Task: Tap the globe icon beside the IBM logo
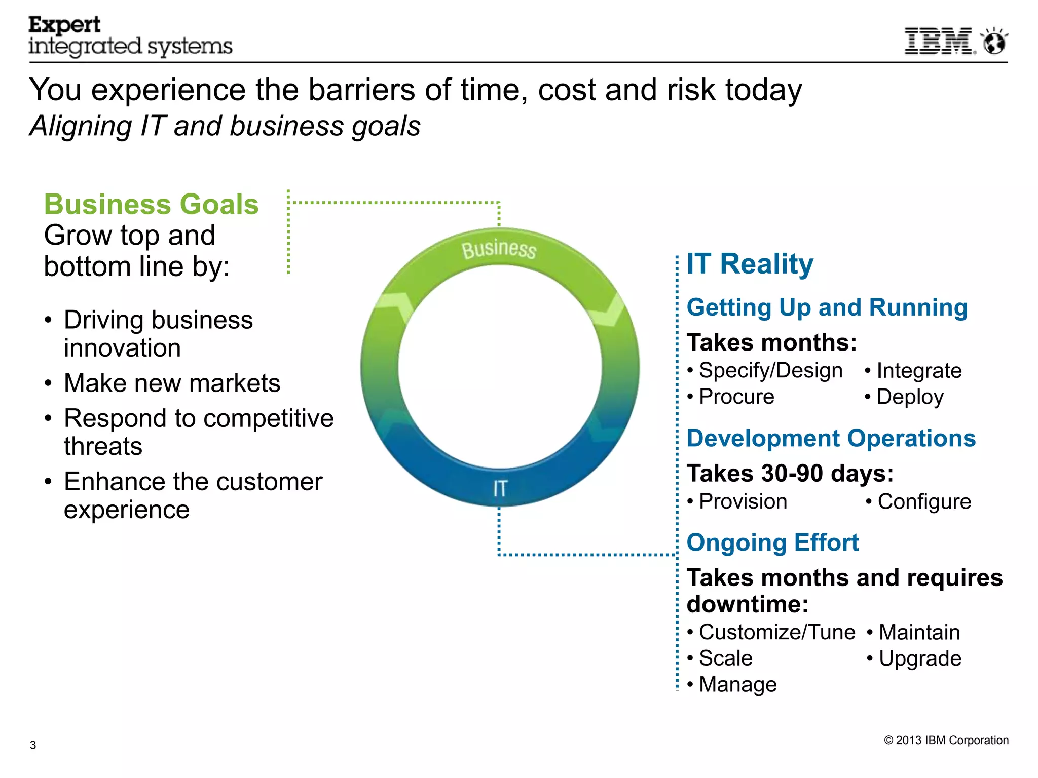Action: tap(994, 42)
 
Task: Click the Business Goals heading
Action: tap(151, 205)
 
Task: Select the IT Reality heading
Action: tap(750, 264)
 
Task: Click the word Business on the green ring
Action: tap(499, 249)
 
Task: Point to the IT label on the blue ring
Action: tap(500, 489)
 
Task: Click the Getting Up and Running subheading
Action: tap(827, 307)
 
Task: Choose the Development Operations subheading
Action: tap(831, 439)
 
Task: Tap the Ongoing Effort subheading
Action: tap(772, 543)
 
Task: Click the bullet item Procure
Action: tap(736, 397)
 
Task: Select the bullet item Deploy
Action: tap(910, 397)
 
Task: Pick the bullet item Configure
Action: tap(924, 502)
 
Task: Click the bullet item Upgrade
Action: tap(919, 658)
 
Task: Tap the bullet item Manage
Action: tap(737, 685)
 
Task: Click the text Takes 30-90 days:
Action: tap(790, 474)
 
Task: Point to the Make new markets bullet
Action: tap(172, 383)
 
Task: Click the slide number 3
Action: tap(33, 745)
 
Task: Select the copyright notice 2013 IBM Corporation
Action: tap(946, 741)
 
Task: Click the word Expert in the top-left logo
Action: tap(64, 25)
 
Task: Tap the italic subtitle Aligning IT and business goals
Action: tap(225, 126)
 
